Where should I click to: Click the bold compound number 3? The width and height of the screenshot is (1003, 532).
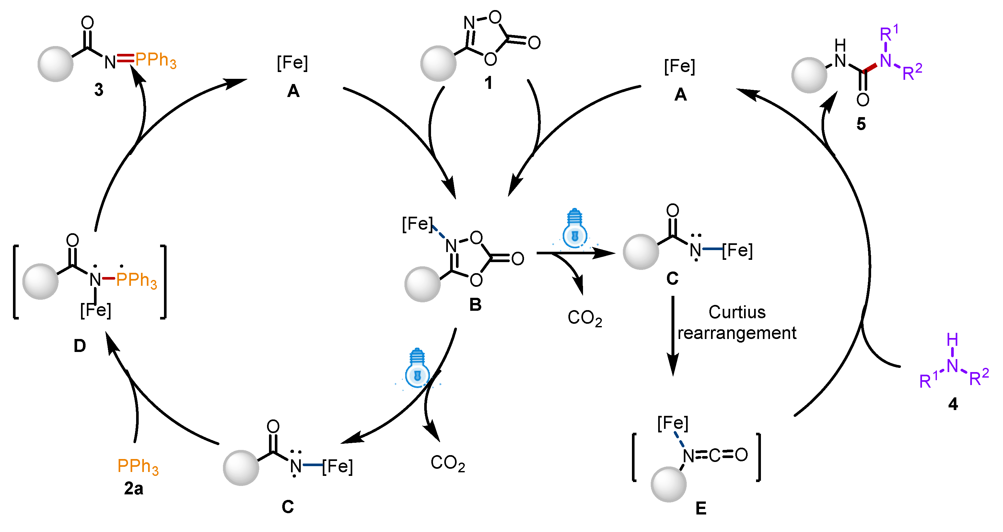99,90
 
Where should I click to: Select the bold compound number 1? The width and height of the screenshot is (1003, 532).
488,83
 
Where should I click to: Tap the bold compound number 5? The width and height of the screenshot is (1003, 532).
861,124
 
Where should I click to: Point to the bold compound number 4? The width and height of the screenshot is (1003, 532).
953,404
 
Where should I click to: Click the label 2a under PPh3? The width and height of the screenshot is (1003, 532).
134,488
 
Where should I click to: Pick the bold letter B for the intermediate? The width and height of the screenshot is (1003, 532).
475,304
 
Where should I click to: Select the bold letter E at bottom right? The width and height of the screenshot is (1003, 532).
701,508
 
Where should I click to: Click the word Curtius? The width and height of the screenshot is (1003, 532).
737,312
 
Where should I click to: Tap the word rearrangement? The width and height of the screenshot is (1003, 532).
737,333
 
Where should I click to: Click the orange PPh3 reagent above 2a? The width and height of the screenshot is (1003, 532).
138,466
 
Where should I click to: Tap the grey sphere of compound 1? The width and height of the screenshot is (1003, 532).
438,64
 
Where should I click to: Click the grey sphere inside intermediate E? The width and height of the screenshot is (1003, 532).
669,484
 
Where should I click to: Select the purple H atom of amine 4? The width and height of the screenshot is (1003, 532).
952,340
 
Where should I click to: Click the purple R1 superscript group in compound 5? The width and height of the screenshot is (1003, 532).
889,33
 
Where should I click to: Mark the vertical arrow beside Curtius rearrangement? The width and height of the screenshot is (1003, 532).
673,335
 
